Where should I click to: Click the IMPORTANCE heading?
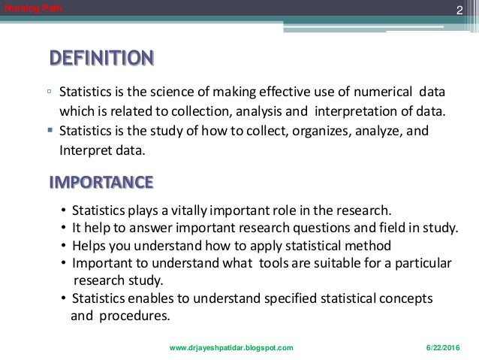pyautogui.click(x=101, y=182)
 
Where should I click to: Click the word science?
pyautogui.click(x=191, y=94)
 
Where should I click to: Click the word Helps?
pyautogui.click(x=89, y=245)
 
